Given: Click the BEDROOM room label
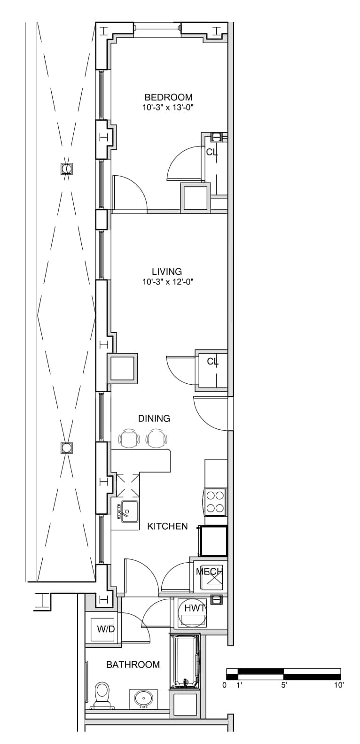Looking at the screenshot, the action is pyautogui.click(x=168, y=97).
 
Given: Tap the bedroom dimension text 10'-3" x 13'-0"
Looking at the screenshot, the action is pyautogui.click(x=168, y=107).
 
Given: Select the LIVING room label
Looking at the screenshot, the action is pyautogui.click(x=167, y=271).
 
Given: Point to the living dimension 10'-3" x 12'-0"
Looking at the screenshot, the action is pyautogui.click(x=168, y=282).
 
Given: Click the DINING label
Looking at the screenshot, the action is pyautogui.click(x=154, y=418).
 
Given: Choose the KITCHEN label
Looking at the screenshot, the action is pyautogui.click(x=167, y=526).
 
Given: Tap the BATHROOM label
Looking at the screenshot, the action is pyautogui.click(x=133, y=665).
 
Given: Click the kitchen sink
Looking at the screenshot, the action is pyautogui.click(x=129, y=511).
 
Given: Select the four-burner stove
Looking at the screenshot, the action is pyautogui.click(x=215, y=502).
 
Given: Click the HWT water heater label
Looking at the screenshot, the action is pyautogui.click(x=195, y=608).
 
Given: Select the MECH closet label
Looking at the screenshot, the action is pyautogui.click(x=209, y=572).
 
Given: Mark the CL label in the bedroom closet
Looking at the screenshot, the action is pyautogui.click(x=212, y=152).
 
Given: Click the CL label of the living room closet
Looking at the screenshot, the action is pyautogui.click(x=213, y=361).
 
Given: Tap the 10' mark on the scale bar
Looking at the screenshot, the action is pyautogui.click(x=339, y=684).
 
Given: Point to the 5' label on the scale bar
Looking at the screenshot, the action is pyautogui.click(x=284, y=684).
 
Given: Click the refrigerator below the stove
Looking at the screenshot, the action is pyautogui.click(x=213, y=541).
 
